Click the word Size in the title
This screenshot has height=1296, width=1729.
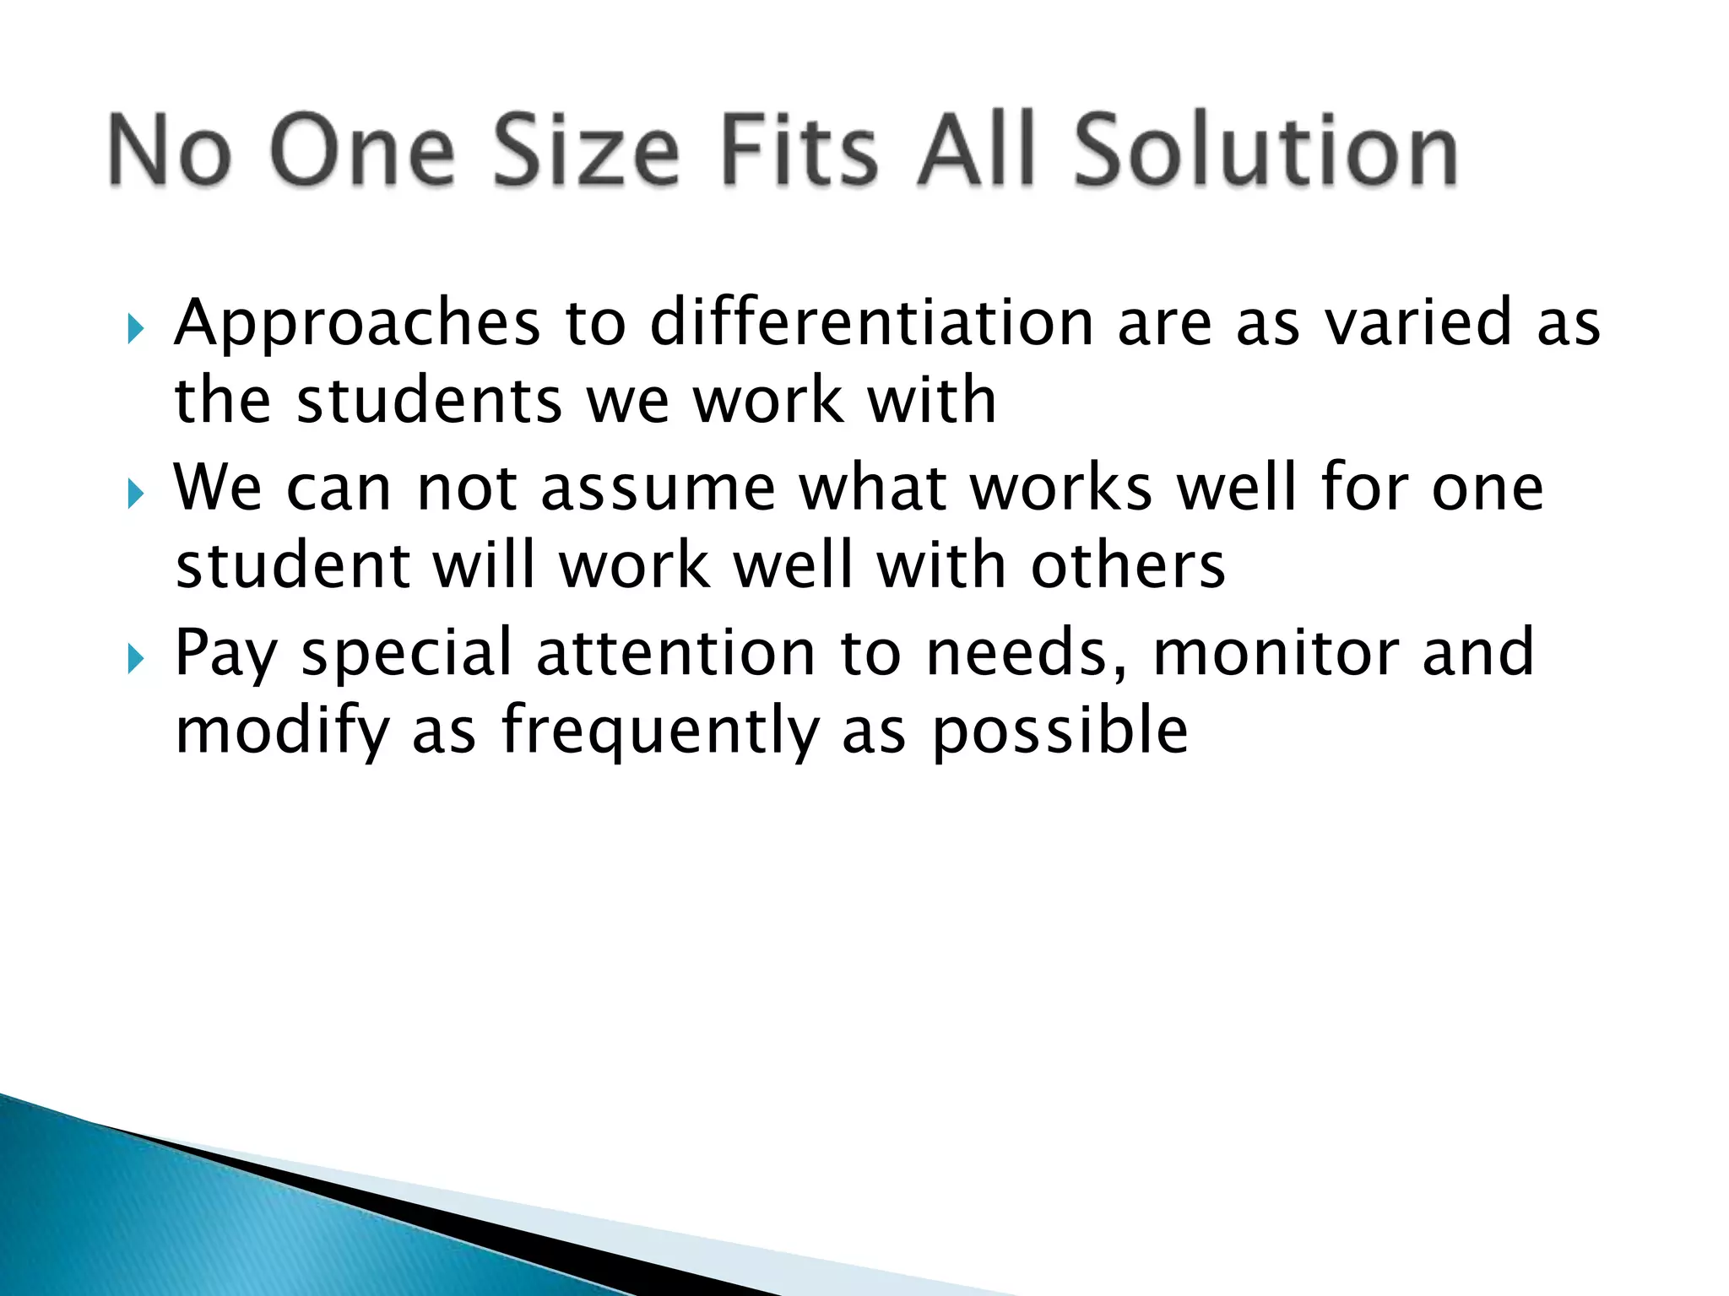tap(586, 152)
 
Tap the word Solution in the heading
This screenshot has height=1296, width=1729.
tap(1266, 152)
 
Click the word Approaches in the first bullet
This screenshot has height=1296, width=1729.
tap(356, 324)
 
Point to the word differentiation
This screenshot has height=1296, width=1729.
tap(872, 322)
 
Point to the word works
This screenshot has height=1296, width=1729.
tap(1061, 488)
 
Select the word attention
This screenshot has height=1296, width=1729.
tap(675, 653)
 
